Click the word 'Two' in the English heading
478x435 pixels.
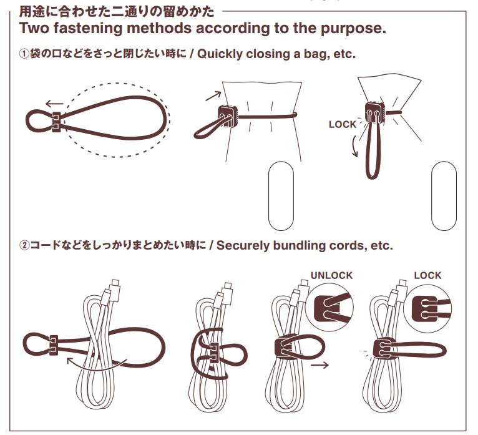click(x=35, y=29)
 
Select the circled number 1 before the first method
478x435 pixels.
click(x=23, y=54)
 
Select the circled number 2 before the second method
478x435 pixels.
click(x=23, y=245)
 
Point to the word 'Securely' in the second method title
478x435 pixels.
click(x=243, y=245)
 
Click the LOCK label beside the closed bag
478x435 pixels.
click(x=342, y=124)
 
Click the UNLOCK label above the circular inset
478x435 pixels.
click(x=331, y=275)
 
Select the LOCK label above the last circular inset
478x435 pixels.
click(x=427, y=275)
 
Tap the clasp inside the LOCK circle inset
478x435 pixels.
click(x=424, y=308)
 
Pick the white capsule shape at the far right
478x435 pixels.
click(x=444, y=196)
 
